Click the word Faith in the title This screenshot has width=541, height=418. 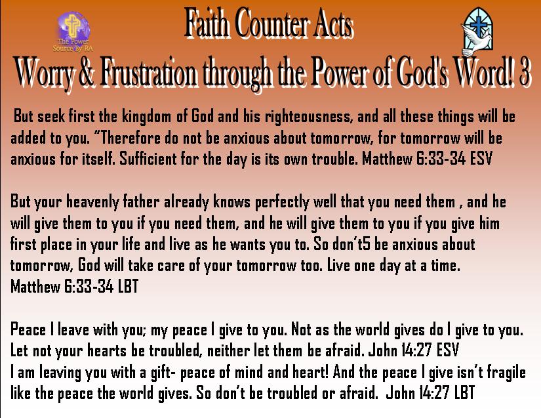pyautogui.click(x=207, y=23)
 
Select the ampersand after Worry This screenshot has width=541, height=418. pyautogui.click(x=87, y=73)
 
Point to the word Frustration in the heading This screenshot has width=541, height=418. pyautogui.click(x=149, y=73)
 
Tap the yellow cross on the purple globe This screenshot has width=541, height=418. pyautogui.click(x=73, y=25)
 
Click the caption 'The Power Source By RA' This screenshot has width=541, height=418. pyautogui.click(x=73, y=45)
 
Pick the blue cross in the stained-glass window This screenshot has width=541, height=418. pyautogui.click(x=479, y=24)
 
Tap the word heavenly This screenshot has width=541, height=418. pyautogui.click(x=92, y=202)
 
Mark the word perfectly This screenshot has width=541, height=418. pyautogui.click(x=282, y=202)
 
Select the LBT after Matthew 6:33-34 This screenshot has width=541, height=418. pyautogui.click(x=128, y=287)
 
